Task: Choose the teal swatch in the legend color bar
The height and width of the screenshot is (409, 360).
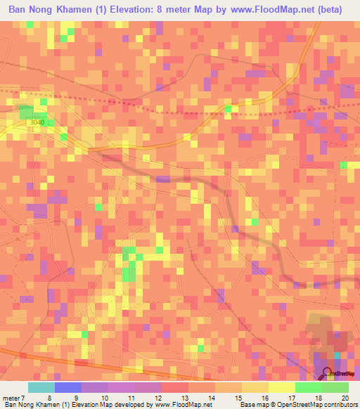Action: click(41, 388)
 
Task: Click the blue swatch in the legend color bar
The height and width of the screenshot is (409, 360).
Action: click(67, 388)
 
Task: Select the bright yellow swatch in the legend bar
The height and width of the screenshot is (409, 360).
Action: click(281, 388)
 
